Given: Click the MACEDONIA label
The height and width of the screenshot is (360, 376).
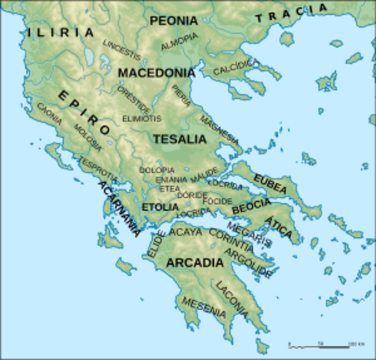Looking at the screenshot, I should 157,73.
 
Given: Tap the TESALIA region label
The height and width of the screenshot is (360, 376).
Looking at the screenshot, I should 179,139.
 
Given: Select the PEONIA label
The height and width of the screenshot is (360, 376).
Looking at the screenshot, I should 173,21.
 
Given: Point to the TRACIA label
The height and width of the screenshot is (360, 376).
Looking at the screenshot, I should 291,13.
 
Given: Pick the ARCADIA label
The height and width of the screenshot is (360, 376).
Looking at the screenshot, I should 195,262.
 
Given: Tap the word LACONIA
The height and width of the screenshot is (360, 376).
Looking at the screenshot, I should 232,295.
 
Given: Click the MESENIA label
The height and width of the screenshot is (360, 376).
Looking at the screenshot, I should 203,307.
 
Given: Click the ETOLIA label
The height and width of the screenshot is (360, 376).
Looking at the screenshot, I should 160,207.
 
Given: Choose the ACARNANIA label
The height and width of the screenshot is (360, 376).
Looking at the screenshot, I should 118,208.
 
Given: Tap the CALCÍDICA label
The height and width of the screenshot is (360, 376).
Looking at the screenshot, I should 236,69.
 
